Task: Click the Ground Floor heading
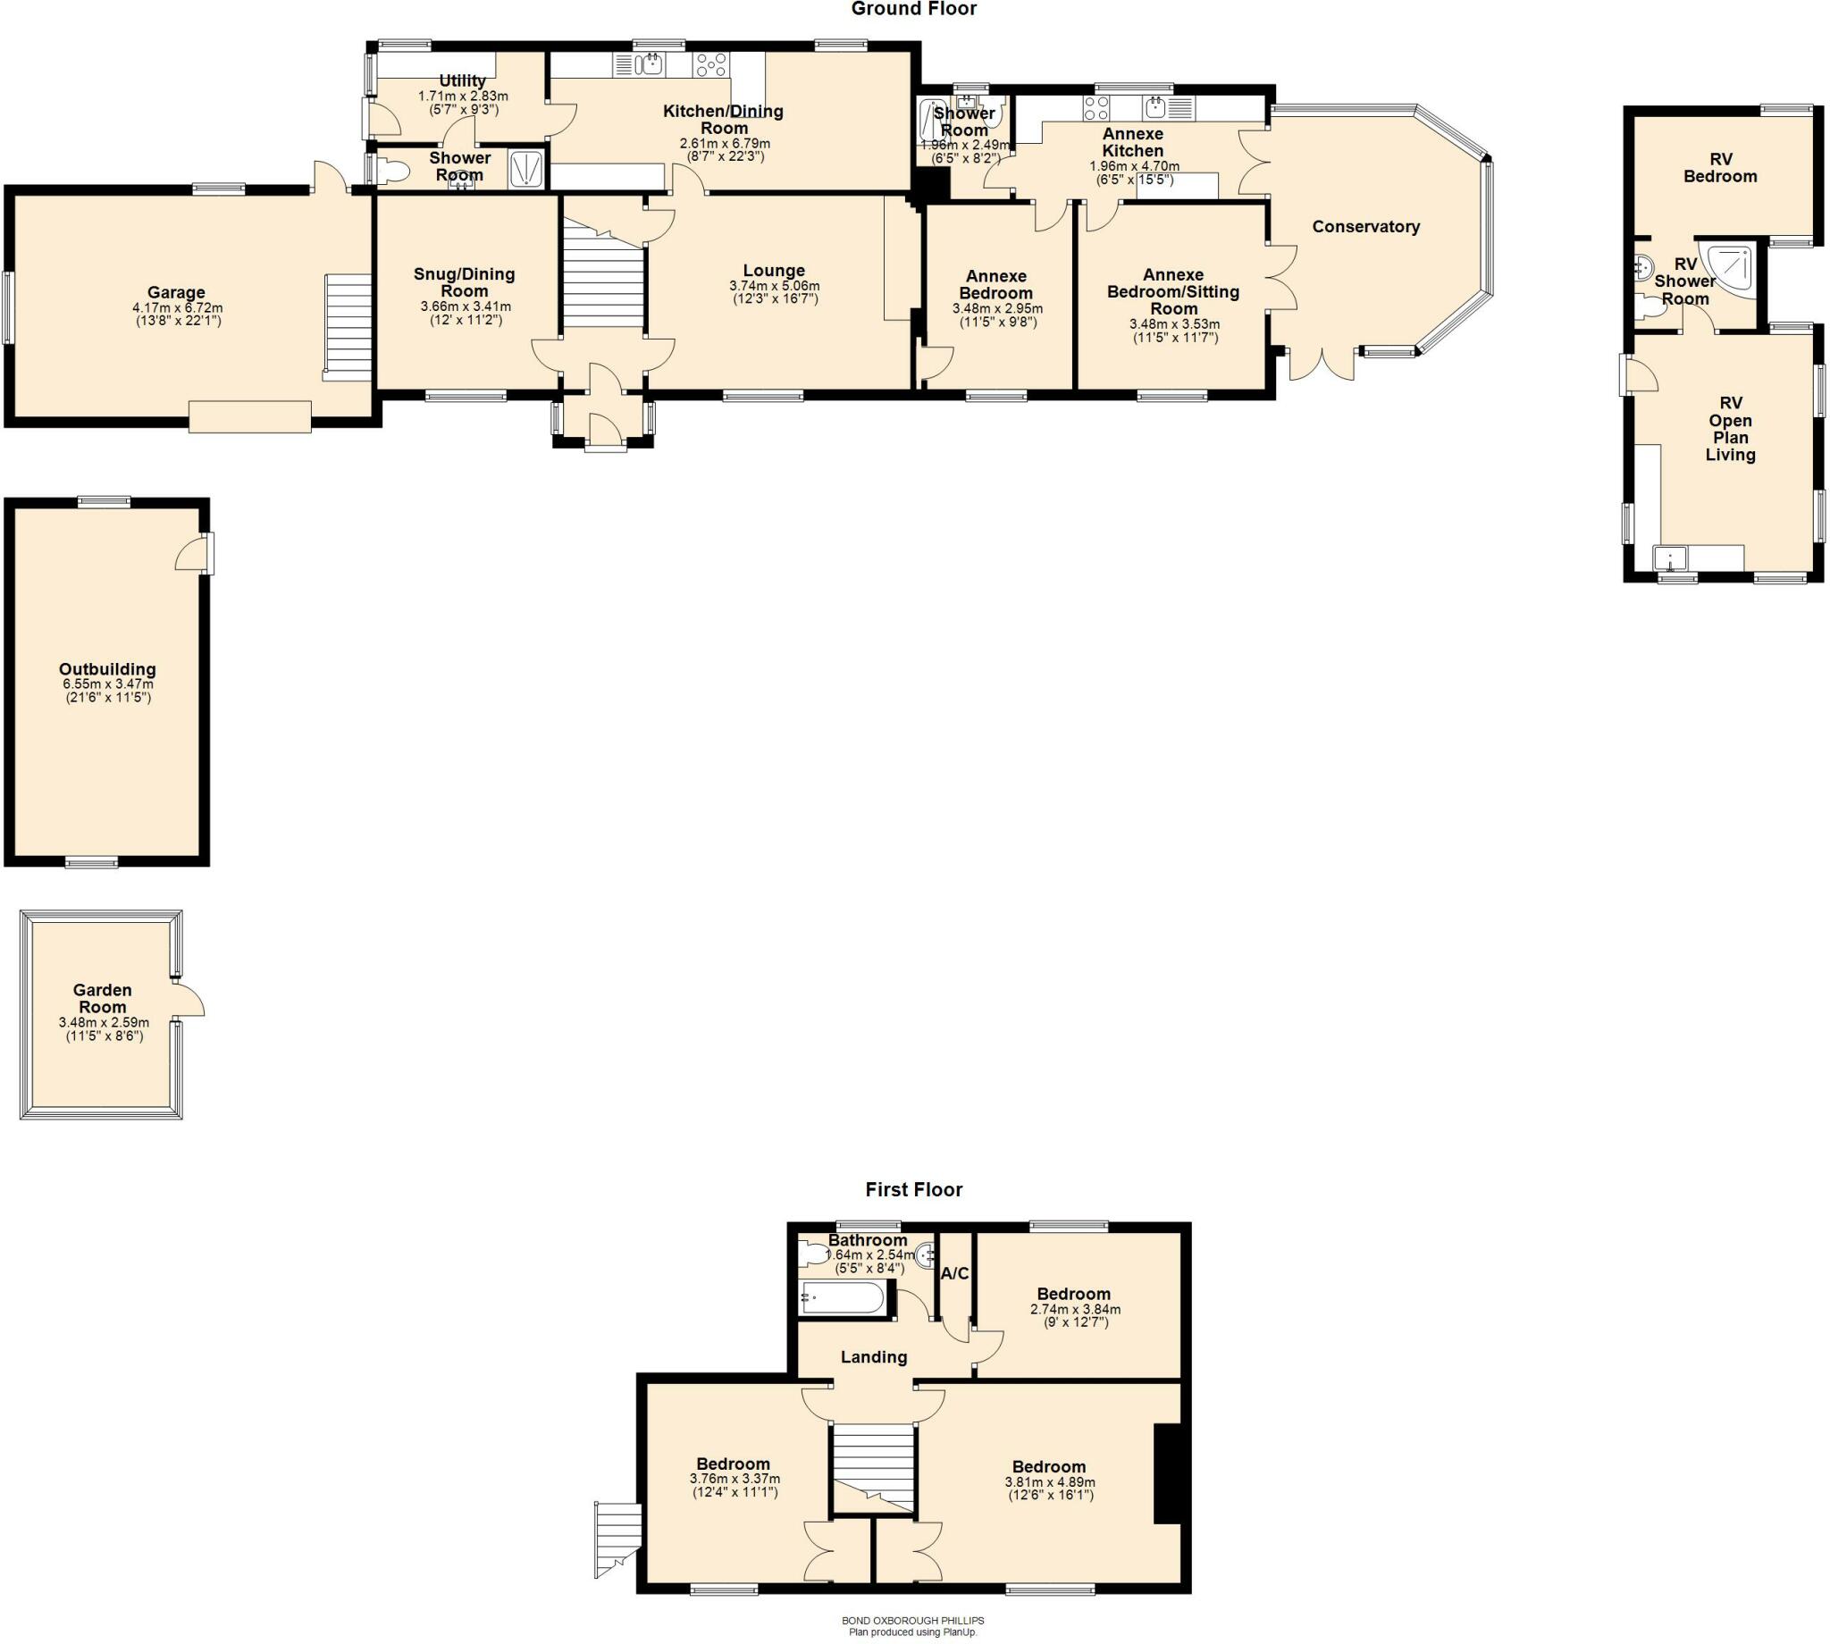(913, 9)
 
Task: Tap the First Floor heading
(913, 1189)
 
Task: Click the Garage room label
(176, 293)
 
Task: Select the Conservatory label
(1364, 227)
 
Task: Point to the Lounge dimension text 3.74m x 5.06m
(774, 286)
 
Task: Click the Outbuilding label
(107, 669)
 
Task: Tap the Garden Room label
(103, 998)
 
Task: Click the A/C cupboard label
(954, 1273)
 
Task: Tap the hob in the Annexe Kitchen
(1096, 108)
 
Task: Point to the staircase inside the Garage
(348, 327)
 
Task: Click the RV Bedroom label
(1720, 167)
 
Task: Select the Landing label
(874, 1357)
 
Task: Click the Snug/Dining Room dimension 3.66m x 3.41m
(465, 307)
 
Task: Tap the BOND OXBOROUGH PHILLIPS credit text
(912, 1621)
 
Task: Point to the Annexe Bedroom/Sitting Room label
(1173, 291)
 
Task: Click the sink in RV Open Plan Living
(1670, 558)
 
